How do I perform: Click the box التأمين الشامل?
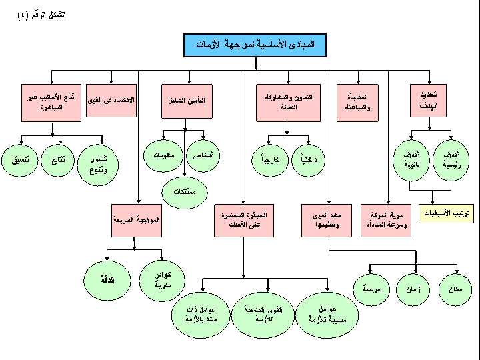coord(187,101)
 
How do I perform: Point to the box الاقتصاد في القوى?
coord(111,100)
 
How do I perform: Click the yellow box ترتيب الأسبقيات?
coord(448,213)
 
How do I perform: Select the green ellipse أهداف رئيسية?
coord(451,159)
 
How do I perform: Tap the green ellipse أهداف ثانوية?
coord(411,159)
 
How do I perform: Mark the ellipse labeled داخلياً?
coord(308,160)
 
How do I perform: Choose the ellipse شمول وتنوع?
coord(98,164)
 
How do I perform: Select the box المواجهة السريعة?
coord(136,221)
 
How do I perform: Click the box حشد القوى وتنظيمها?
coord(327,221)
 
